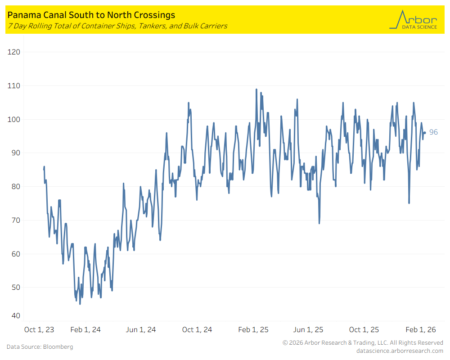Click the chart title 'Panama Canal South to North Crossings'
coord(91,15)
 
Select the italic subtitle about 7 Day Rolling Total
coord(117,26)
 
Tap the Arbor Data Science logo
coord(413,20)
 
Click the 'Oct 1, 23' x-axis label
coord(39,330)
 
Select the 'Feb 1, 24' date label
coord(85,330)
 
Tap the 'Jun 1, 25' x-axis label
coord(308,330)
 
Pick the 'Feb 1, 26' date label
coord(421,330)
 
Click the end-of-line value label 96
coord(433,132)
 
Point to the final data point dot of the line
coord(424,132)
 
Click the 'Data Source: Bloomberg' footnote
coord(40,347)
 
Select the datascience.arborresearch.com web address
coord(400,351)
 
